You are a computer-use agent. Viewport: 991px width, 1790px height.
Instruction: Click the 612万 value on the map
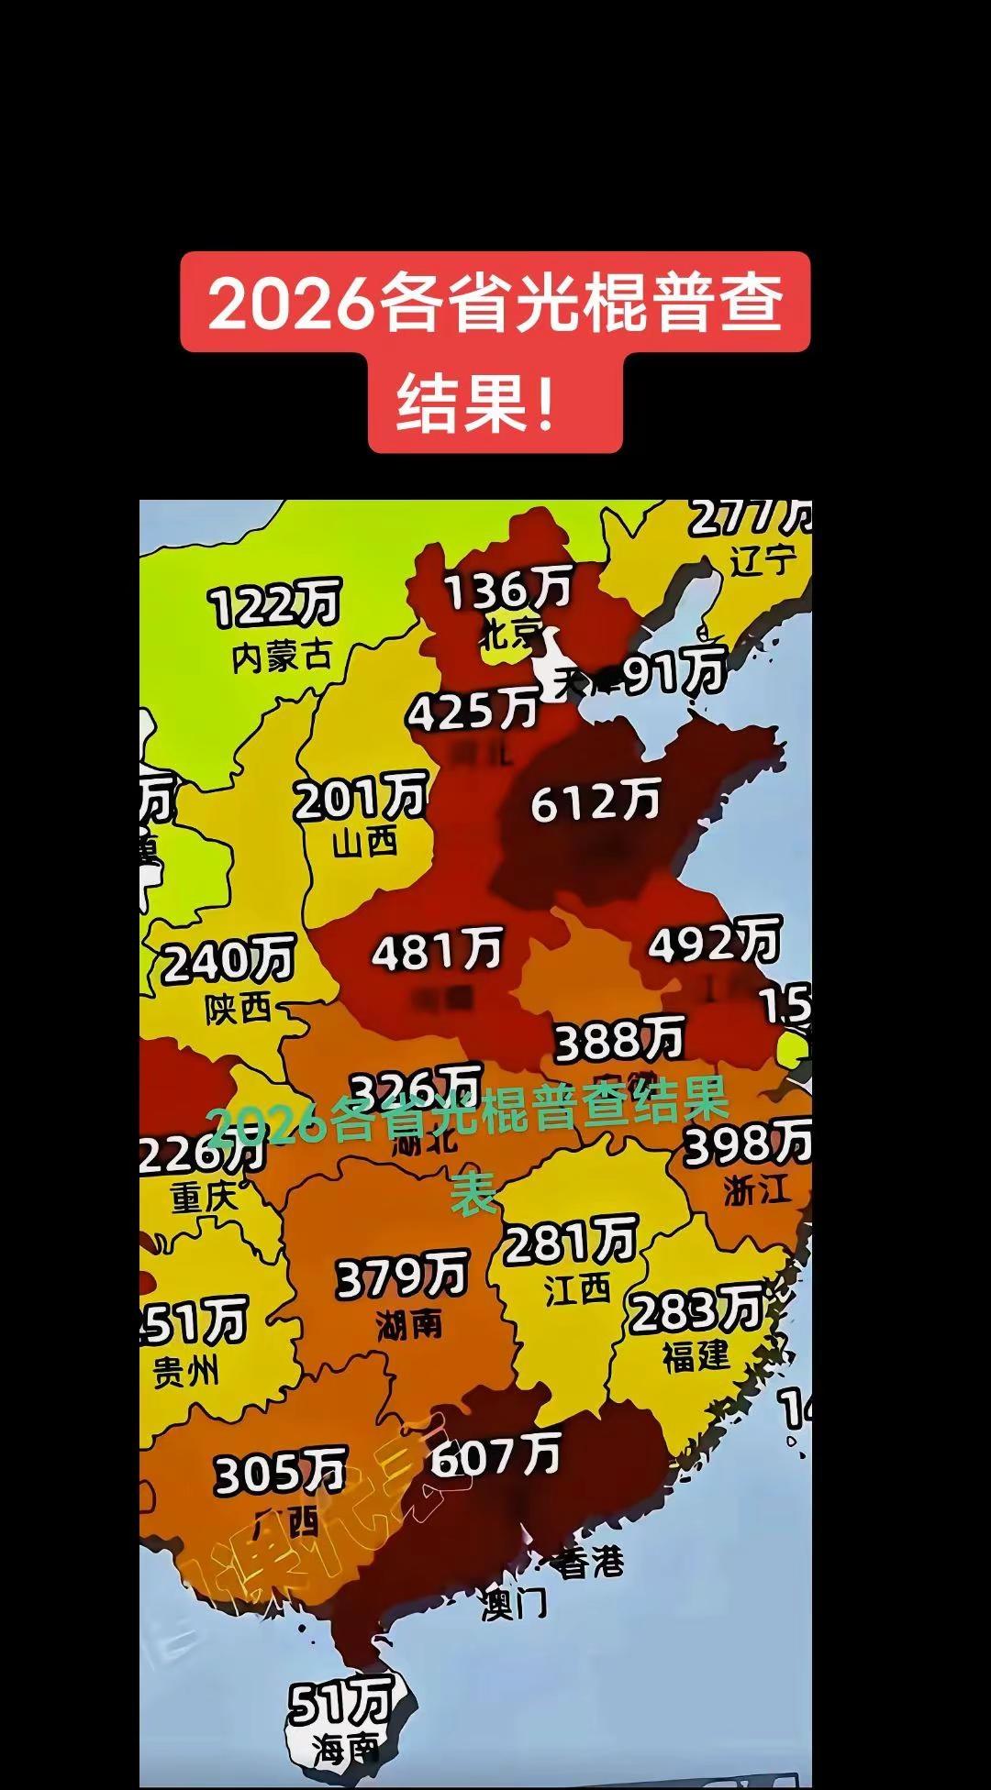point(596,802)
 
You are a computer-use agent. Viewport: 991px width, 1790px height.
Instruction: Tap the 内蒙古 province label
point(281,657)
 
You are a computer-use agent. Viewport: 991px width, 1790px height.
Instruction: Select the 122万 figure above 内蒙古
point(274,604)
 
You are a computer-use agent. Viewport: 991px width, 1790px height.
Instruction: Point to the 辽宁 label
point(763,559)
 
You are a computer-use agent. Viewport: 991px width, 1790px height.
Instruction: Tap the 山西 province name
point(365,841)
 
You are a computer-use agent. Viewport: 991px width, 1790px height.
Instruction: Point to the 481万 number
point(438,950)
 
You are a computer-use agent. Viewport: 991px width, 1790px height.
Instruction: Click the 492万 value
point(715,942)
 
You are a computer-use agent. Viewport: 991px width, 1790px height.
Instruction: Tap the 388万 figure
point(620,1040)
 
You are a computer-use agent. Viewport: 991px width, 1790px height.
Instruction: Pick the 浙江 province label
point(757,1190)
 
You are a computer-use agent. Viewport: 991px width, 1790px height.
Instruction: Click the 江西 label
point(577,1289)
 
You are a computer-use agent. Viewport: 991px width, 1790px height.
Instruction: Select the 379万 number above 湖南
point(403,1276)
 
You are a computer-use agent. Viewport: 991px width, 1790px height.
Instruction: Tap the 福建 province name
point(696,1355)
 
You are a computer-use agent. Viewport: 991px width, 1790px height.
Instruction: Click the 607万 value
point(495,1455)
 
